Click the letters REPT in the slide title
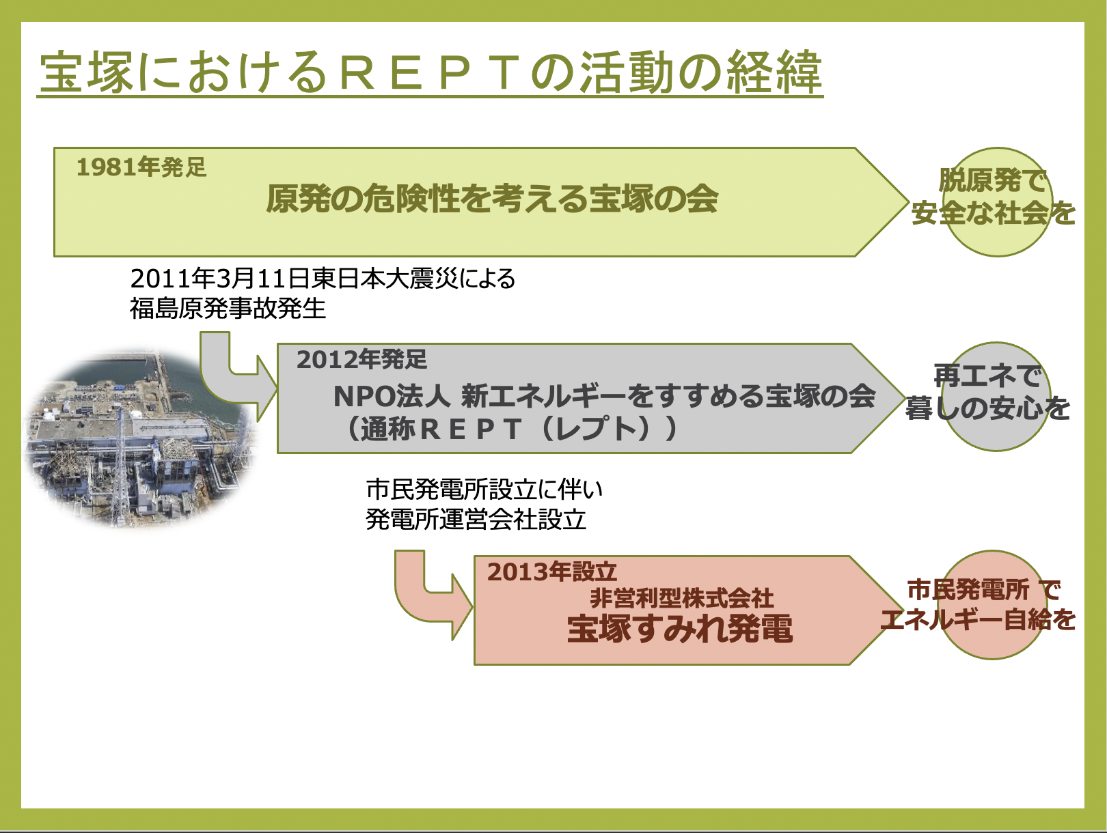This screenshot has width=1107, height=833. coord(434,74)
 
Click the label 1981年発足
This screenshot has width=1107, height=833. coord(141,167)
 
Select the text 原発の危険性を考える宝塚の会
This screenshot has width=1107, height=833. coord(492,199)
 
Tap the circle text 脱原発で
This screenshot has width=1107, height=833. coord(992,180)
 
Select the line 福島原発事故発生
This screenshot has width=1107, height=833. coord(228,309)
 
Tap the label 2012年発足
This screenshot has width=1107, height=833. coord(361,359)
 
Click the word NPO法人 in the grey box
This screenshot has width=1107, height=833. coord(392,396)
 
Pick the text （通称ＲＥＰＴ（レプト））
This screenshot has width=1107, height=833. coord(509,429)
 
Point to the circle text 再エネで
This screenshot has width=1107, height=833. coord(987,376)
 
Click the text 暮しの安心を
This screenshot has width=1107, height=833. coord(987,408)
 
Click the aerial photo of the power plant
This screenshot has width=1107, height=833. coord(142,438)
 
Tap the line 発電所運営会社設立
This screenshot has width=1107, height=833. coord(476,520)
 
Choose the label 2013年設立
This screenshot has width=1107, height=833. coord(551,572)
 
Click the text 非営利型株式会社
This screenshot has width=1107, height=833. coord(682,599)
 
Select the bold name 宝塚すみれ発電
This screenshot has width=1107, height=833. coord(680,629)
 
